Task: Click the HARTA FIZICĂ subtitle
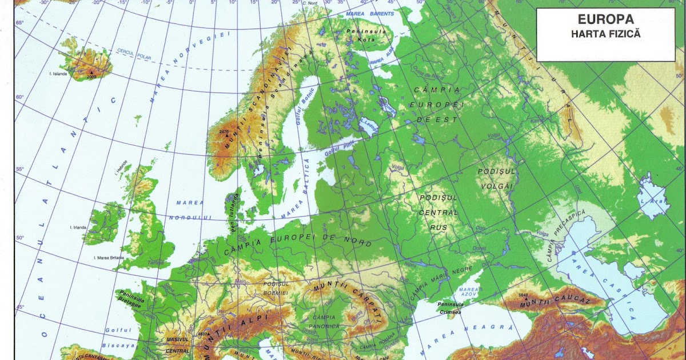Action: coord(605,34)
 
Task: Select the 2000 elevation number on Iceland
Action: coord(91,77)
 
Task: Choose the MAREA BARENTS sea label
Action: coord(370,13)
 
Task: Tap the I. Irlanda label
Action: coord(78,227)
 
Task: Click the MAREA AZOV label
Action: coord(468,293)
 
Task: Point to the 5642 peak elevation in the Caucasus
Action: coord(523,295)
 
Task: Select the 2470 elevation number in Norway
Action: coord(224,131)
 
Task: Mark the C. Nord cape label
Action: coord(309,3)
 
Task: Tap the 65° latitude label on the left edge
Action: coord(20,22)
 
